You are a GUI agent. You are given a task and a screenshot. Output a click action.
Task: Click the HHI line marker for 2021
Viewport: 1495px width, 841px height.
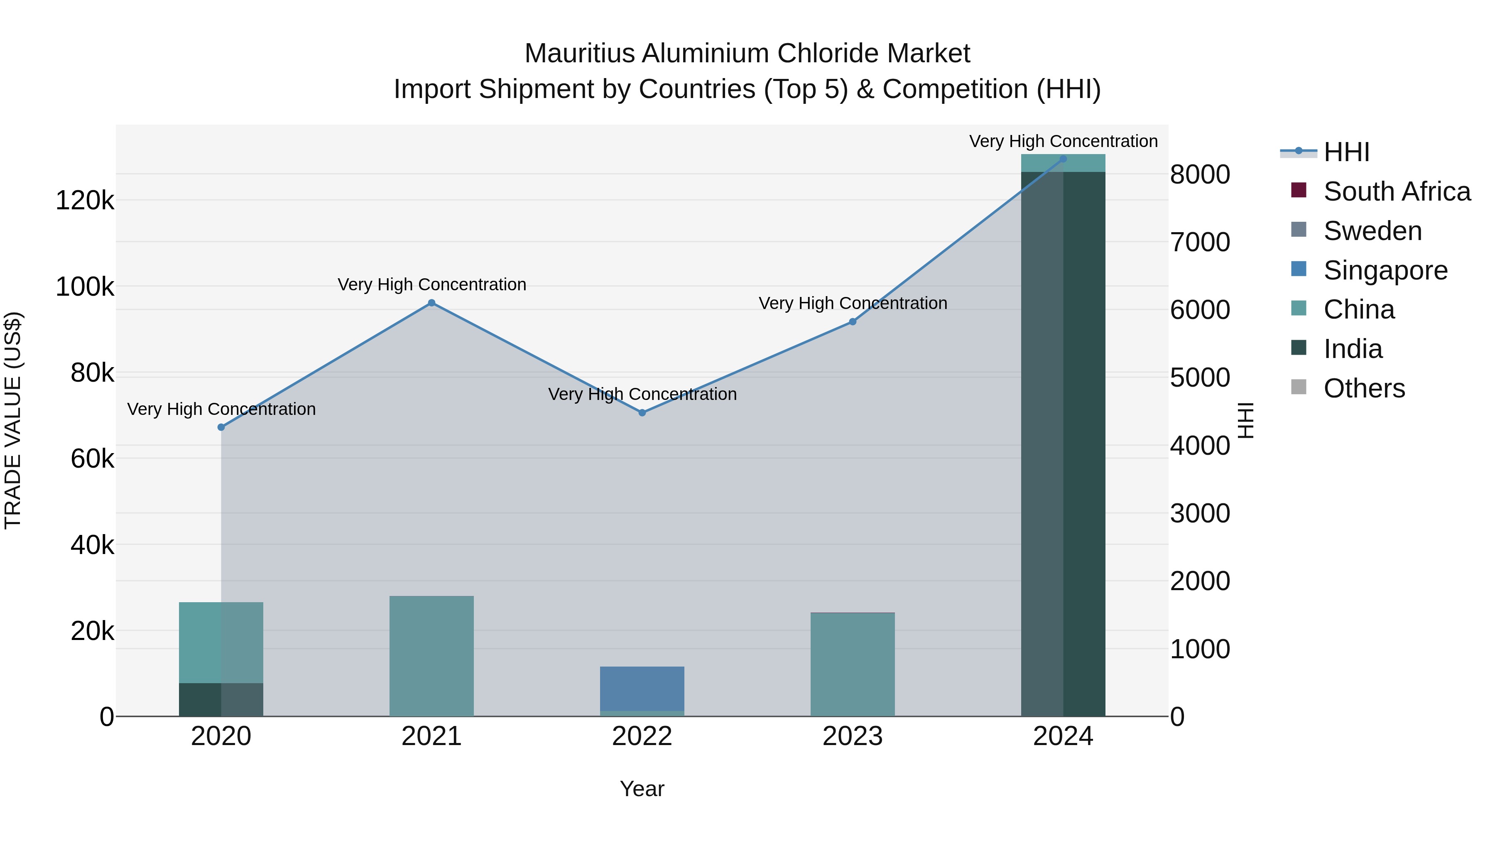431,303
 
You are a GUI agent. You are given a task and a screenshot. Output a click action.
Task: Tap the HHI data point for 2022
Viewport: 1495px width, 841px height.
642,413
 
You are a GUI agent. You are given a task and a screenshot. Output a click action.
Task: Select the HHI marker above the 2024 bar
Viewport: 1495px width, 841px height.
1063,159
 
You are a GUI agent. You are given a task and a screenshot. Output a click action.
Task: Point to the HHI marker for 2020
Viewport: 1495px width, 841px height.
221,427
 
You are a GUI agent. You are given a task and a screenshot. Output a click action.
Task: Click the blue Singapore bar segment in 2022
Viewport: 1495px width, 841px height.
642,688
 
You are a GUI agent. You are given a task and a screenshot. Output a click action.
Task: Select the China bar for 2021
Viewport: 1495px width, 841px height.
431,656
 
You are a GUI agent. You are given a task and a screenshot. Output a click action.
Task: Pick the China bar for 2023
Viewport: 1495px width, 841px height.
853,664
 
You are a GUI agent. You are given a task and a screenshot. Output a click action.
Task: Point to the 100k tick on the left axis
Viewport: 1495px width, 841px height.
85,287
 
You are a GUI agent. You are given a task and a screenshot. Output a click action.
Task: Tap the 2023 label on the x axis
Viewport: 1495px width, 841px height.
853,736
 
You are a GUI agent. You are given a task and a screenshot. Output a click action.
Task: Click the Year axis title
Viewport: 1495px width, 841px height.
642,789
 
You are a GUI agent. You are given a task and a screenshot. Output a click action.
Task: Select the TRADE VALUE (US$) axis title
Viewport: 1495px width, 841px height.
13,420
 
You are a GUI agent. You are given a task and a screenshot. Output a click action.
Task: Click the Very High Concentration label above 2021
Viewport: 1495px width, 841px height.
432,285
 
